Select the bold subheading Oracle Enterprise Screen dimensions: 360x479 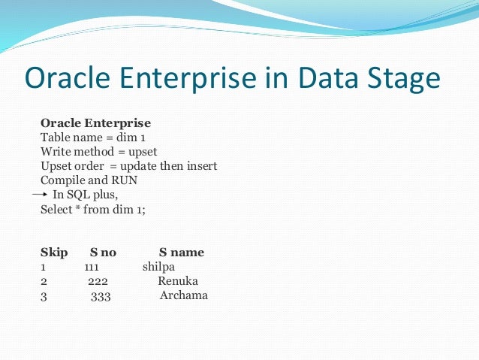pyautogui.click(x=95, y=123)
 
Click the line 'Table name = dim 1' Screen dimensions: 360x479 pyautogui.click(x=92, y=138)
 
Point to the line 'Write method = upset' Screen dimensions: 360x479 pyautogui.click(x=98, y=152)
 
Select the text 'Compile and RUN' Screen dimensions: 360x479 pyautogui.click(x=84, y=180)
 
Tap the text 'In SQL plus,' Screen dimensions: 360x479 pyautogui.click(x=86, y=195)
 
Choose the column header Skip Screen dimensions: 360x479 pyautogui.click(x=54, y=253)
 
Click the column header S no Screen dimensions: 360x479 pyautogui.click(x=103, y=253)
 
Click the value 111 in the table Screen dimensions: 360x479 pyautogui.click(x=92, y=267)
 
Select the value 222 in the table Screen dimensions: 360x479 pyautogui.click(x=98, y=281)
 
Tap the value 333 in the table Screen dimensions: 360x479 pyautogui.click(x=101, y=296)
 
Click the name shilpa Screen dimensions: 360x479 pyautogui.click(x=158, y=267)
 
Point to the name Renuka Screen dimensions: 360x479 pyautogui.click(x=178, y=281)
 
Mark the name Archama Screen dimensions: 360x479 pyautogui.click(x=183, y=295)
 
